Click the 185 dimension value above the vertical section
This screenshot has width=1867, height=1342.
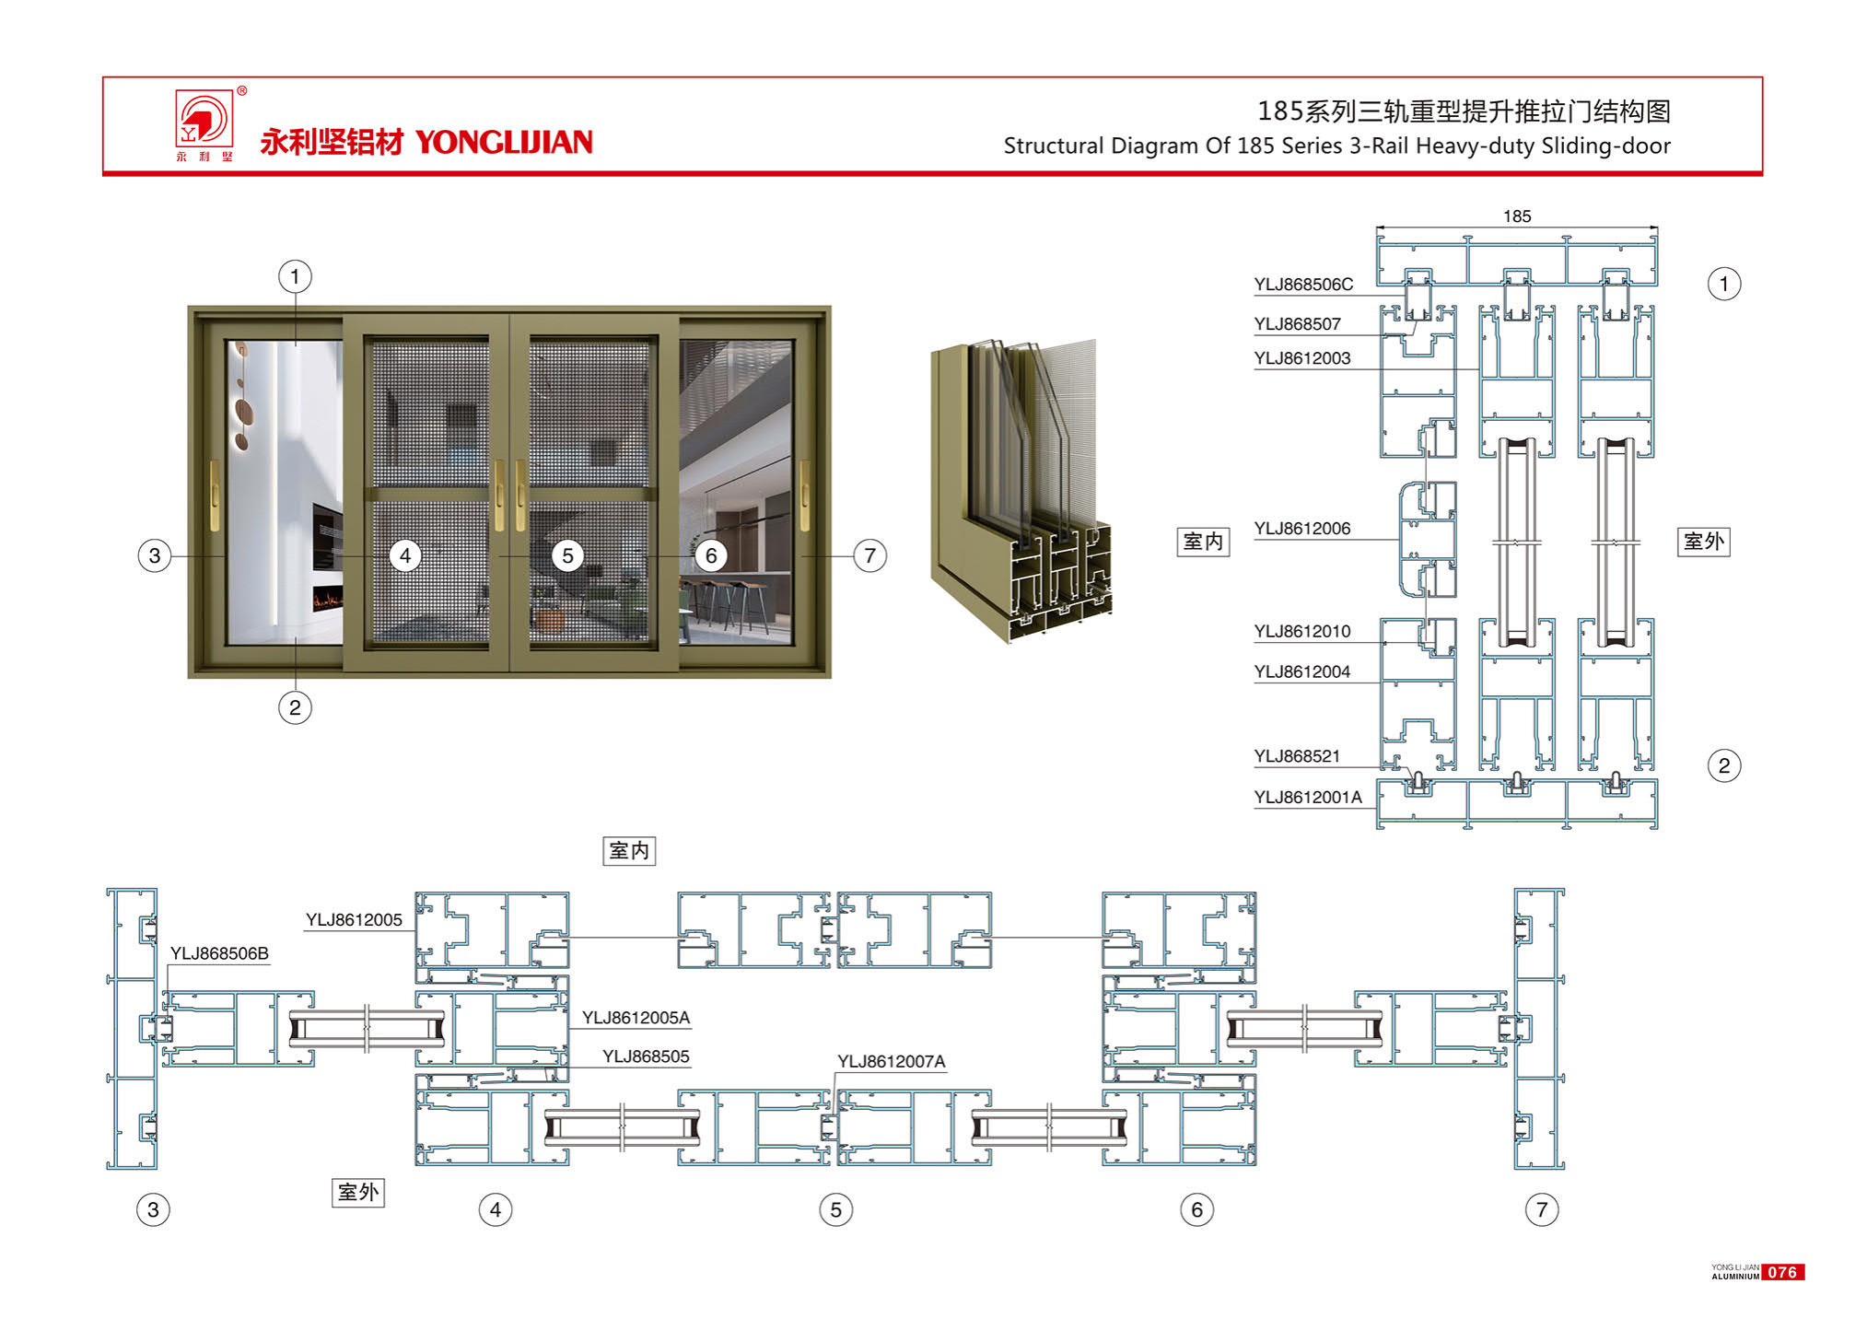pos(1516,216)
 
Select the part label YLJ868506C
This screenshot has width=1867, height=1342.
pos(1303,285)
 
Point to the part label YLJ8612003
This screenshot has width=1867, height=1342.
pos(1301,358)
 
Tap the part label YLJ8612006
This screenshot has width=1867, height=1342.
pos(1301,529)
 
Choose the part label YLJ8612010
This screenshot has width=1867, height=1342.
pos(1301,632)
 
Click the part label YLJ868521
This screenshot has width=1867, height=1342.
pos(1296,756)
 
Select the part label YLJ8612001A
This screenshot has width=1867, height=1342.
pos(1307,798)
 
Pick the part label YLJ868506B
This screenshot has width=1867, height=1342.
pos(219,953)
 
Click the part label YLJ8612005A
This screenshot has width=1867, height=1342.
pos(636,1018)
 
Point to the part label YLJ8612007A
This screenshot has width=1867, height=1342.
pos(891,1062)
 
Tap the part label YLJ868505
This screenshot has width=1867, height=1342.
pos(646,1056)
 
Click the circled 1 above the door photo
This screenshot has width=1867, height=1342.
pos(295,276)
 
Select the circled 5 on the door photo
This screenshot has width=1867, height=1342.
pos(567,555)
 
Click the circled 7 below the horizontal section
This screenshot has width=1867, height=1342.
pos(1541,1209)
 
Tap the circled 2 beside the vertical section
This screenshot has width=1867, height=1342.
pos(1723,765)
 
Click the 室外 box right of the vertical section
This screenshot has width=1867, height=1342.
pos(1703,542)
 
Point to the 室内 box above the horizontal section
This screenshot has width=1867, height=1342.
pos(629,850)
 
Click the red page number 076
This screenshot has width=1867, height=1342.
pos(1782,1272)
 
